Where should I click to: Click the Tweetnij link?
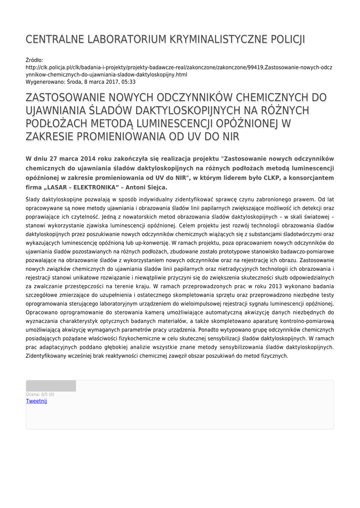[x=36, y=401]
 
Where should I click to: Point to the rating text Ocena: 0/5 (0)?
[x=40, y=394]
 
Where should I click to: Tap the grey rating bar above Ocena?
[x=51, y=386]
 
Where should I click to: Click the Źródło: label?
[x=34, y=60]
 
